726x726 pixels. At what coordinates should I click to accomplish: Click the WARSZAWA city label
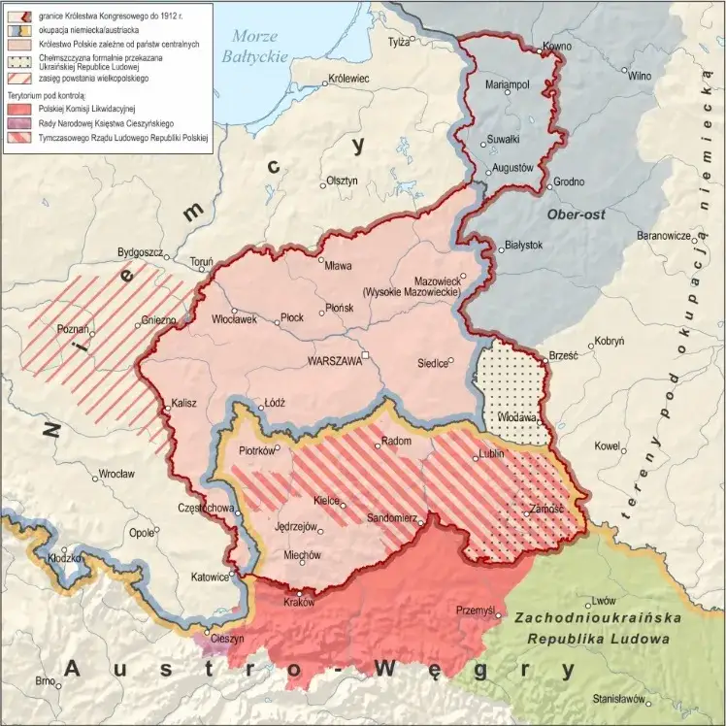click(x=334, y=359)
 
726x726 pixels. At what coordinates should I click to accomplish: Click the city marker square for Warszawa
click(x=367, y=354)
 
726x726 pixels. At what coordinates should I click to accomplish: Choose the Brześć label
click(x=563, y=355)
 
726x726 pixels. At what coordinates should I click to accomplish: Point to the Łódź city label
click(x=276, y=402)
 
